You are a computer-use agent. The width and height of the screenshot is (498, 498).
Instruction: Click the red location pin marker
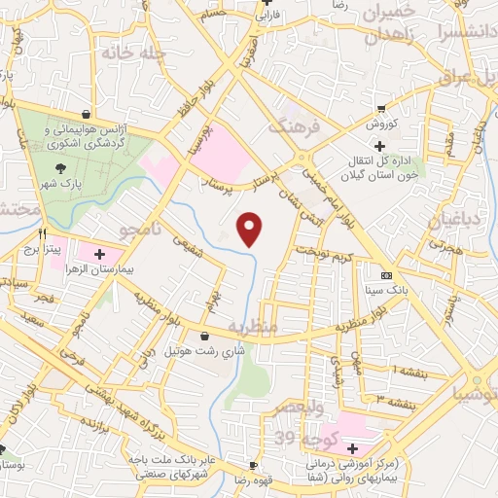251,229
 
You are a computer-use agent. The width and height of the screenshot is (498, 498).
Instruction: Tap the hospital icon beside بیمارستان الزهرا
99,253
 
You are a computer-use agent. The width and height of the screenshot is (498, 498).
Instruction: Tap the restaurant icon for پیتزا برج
42,233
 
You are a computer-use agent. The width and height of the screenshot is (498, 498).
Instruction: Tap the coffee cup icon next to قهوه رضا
253,465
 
